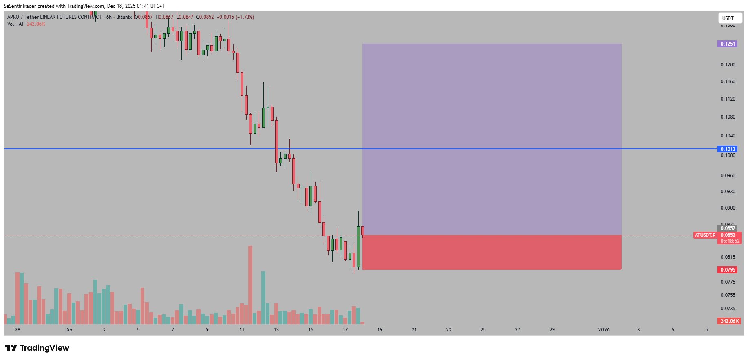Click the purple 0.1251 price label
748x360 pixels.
tap(727, 44)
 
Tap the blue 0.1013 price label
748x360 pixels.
tap(727, 149)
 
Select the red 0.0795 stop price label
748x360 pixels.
tap(727, 270)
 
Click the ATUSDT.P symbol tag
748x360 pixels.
tap(705, 235)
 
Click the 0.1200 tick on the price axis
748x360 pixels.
tap(728, 65)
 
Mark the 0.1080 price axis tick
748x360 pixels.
tap(728, 117)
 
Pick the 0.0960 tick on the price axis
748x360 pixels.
tap(728, 176)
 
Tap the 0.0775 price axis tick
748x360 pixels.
tap(728, 282)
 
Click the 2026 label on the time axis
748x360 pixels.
tap(604, 330)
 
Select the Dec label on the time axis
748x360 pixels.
tap(69, 330)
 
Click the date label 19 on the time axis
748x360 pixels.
tap(380, 330)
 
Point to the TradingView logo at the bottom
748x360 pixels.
tap(37, 348)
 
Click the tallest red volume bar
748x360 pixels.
tap(250, 285)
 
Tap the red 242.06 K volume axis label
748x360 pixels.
tap(729, 321)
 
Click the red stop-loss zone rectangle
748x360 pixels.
tap(492, 252)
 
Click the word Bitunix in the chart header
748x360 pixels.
tap(124, 17)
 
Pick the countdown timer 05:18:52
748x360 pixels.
tap(730, 241)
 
